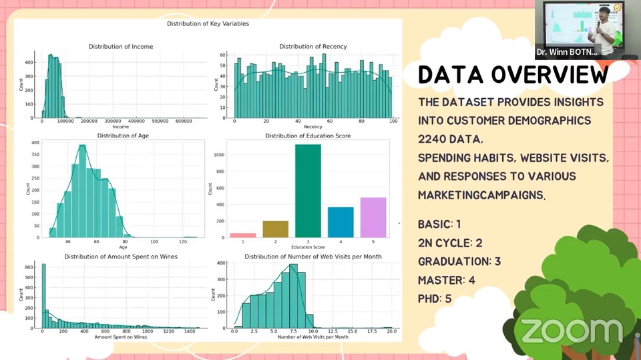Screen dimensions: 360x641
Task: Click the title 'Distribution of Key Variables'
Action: pyautogui.click(x=208, y=24)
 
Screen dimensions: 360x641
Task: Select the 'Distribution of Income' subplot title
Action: pyautogui.click(x=121, y=47)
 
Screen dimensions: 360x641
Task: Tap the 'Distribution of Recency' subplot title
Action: pyautogui.click(x=313, y=47)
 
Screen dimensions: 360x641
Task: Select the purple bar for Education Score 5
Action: pyautogui.click(x=373, y=217)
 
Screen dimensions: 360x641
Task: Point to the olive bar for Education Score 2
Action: pyautogui.click(x=275, y=228)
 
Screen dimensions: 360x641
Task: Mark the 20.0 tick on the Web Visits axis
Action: pyautogui.click(x=391, y=331)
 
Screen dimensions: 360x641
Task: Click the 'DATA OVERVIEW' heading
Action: pyautogui.click(x=513, y=75)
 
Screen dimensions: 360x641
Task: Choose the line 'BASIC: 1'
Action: pyautogui.click(x=439, y=224)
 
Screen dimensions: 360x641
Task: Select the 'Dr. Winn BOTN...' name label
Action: pyautogui.click(x=567, y=51)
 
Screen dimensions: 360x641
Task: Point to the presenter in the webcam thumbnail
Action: pyautogui.click(x=604, y=27)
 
